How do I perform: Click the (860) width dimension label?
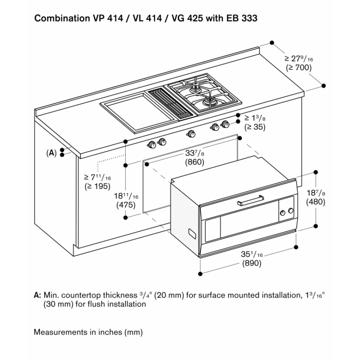click(x=195, y=162)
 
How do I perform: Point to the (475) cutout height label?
click(x=126, y=205)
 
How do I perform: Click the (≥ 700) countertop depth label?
click(x=298, y=67)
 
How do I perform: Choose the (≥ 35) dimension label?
click(x=255, y=127)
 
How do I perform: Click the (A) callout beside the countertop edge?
click(x=51, y=153)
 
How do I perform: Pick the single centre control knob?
click(x=191, y=134)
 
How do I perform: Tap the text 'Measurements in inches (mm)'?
click(x=88, y=332)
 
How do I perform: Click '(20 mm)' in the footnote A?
click(x=166, y=295)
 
